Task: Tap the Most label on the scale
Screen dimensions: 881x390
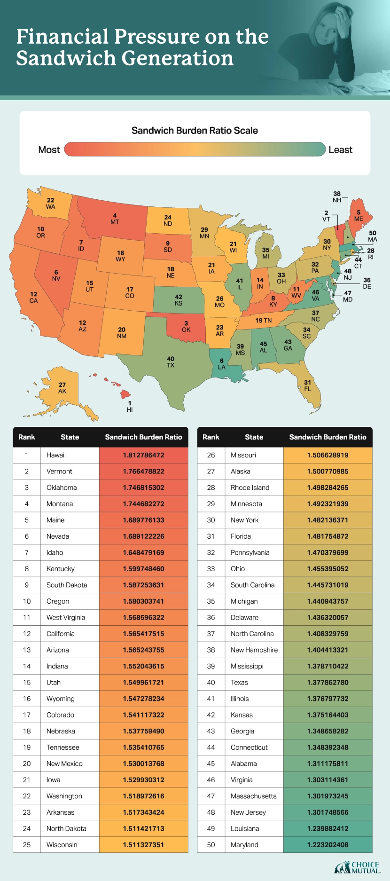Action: (49, 149)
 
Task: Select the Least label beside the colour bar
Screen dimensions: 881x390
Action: (340, 149)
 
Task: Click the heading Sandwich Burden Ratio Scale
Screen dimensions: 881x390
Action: (195, 130)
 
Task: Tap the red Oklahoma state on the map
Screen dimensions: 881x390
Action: (187, 327)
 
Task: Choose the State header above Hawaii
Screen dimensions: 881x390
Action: (70, 437)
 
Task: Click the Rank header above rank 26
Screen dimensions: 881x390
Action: (211, 437)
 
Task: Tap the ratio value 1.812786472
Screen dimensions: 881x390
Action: (143, 455)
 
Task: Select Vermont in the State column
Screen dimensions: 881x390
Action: (59, 471)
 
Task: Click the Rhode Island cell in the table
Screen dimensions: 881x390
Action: (250, 488)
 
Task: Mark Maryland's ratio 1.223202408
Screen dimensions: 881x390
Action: (328, 844)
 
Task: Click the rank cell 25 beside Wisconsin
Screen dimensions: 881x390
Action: (27, 844)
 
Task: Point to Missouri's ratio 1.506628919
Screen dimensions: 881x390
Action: (328, 455)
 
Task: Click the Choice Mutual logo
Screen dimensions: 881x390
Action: (357, 867)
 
